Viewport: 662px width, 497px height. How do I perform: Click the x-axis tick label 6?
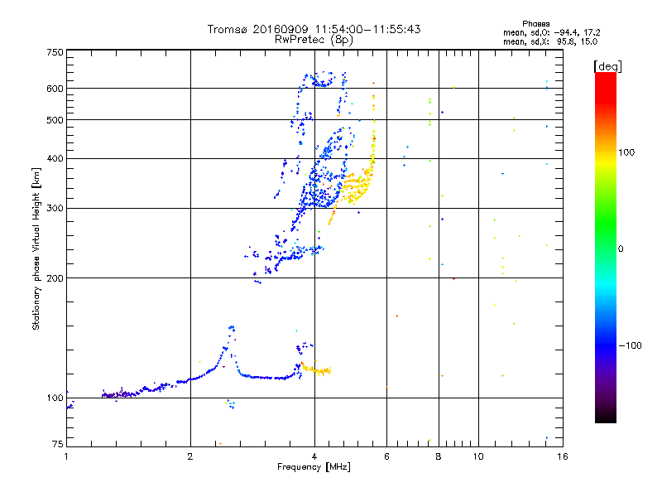[386, 456]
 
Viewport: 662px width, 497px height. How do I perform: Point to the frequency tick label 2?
[190, 456]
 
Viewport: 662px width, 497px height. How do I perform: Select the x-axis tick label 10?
[477, 456]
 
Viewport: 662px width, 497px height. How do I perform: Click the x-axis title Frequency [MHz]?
[314, 468]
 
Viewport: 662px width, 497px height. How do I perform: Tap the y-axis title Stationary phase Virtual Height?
[36, 248]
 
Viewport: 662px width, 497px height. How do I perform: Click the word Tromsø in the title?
[228, 29]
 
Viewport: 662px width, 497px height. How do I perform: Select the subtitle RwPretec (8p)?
[314, 39]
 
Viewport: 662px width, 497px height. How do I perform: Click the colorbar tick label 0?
[623, 248]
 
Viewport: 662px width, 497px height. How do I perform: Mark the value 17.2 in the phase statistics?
[588, 32]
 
